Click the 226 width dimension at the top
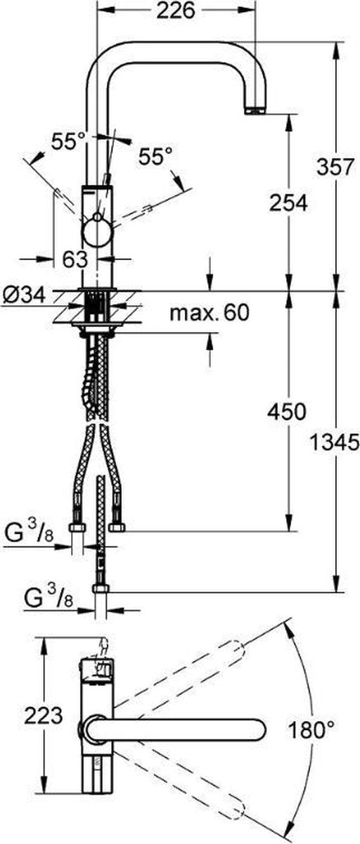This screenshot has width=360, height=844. (x=176, y=12)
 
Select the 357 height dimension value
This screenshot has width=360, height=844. (x=335, y=167)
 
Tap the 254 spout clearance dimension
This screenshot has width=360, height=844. (x=288, y=203)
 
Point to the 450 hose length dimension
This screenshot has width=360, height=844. (x=287, y=411)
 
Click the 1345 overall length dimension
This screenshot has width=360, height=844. (x=335, y=442)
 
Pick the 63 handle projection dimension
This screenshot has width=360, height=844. (x=75, y=260)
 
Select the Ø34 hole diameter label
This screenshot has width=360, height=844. (x=24, y=295)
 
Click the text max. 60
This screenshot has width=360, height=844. (x=210, y=313)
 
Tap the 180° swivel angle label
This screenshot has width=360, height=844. (x=311, y=729)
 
